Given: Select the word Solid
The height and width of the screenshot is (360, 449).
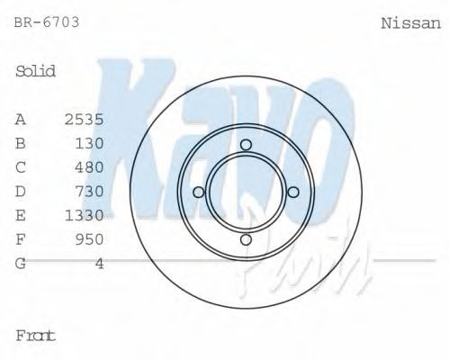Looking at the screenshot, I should [x=36, y=71].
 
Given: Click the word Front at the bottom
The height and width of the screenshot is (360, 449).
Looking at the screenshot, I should [x=36, y=335].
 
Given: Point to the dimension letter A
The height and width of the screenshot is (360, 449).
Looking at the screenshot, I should [x=21, y=119].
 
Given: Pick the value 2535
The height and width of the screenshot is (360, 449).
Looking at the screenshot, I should [x=85, y=119].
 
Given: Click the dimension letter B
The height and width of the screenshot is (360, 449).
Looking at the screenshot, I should [x=21, y=143].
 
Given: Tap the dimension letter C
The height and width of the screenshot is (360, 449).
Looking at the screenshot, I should [x=21, y=167].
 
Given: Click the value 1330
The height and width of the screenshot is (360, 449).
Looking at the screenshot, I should [x=85, y=215].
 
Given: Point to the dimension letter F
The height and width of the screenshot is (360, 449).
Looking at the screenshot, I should [x=21, y=239].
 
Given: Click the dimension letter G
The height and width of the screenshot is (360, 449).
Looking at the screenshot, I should [x=21, y=264].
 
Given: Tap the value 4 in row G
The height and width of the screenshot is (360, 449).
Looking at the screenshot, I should [x=100, y=264].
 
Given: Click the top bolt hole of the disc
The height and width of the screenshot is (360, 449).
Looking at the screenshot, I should [x=246, y=145].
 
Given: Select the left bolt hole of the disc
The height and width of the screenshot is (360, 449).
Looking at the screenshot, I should [x=199, y=192].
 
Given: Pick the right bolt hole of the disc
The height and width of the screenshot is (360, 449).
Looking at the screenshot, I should [x=292, y=192].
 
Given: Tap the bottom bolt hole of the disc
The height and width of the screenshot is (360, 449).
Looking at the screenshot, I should [x=246, y=238].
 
